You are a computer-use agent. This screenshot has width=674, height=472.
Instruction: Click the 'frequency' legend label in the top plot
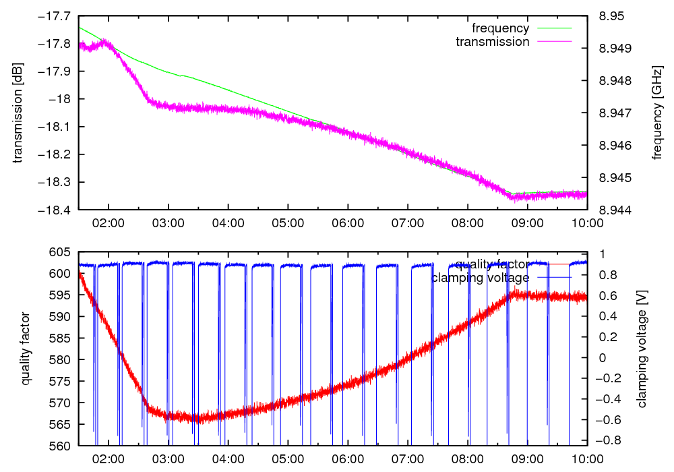[500, 28]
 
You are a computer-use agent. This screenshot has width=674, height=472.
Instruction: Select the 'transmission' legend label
[492, 42]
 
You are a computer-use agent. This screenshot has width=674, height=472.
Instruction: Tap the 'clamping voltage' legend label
[480, 277]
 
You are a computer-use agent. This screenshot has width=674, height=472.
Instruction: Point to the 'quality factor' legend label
[492, 264]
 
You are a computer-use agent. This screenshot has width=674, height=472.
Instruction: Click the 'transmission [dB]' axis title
[18, 113]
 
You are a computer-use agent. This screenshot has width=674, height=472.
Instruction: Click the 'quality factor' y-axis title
[26, 349]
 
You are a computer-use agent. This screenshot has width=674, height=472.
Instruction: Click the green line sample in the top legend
[553, 28]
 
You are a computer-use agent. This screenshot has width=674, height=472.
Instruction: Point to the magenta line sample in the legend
[553, 42]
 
